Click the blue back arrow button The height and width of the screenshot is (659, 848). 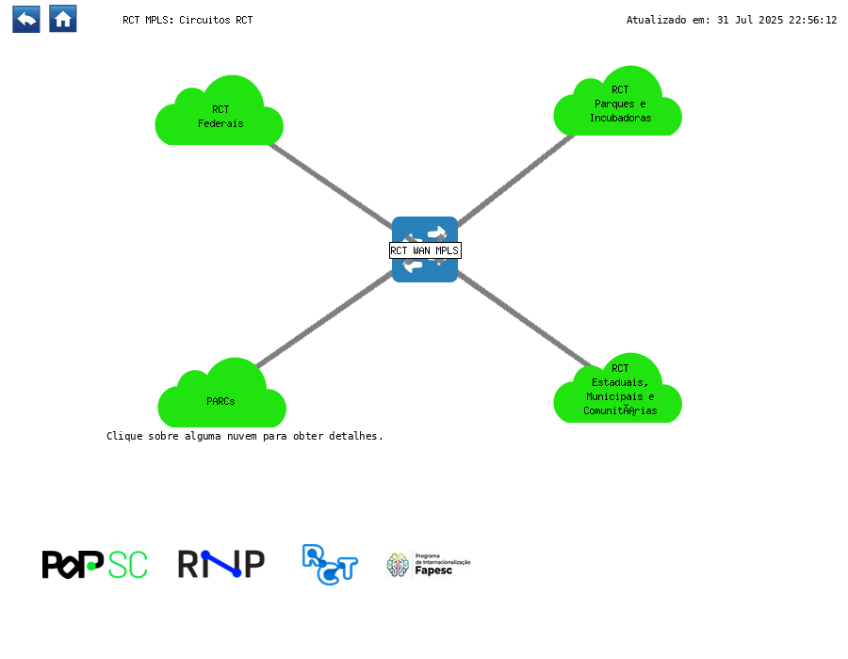tap(26, 20)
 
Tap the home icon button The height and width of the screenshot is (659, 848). tap(63, 20)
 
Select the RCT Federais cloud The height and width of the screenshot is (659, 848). tap(219, 110)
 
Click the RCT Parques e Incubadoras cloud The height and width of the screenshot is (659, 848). tap(617, 101)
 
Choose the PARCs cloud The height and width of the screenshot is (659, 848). tap(221, 393)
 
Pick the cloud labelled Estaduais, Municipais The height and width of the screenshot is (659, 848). tap(617, 388)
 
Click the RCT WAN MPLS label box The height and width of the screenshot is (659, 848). tap(425, 250)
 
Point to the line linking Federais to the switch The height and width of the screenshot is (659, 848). tap(331, 185)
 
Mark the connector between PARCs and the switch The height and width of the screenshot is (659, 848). tap(325, 319)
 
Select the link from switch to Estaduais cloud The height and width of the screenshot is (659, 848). tap(524, 320)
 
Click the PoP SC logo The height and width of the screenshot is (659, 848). tap(94, 565)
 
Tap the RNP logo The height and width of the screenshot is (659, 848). tap(221, 564)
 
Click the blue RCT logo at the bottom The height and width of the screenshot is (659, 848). tap(330, 565)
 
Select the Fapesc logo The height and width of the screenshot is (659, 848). tap(429, 565)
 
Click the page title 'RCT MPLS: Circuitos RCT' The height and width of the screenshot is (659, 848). tap(188, 20)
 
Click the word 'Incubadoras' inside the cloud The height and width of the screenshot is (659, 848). tap(620, 118)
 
